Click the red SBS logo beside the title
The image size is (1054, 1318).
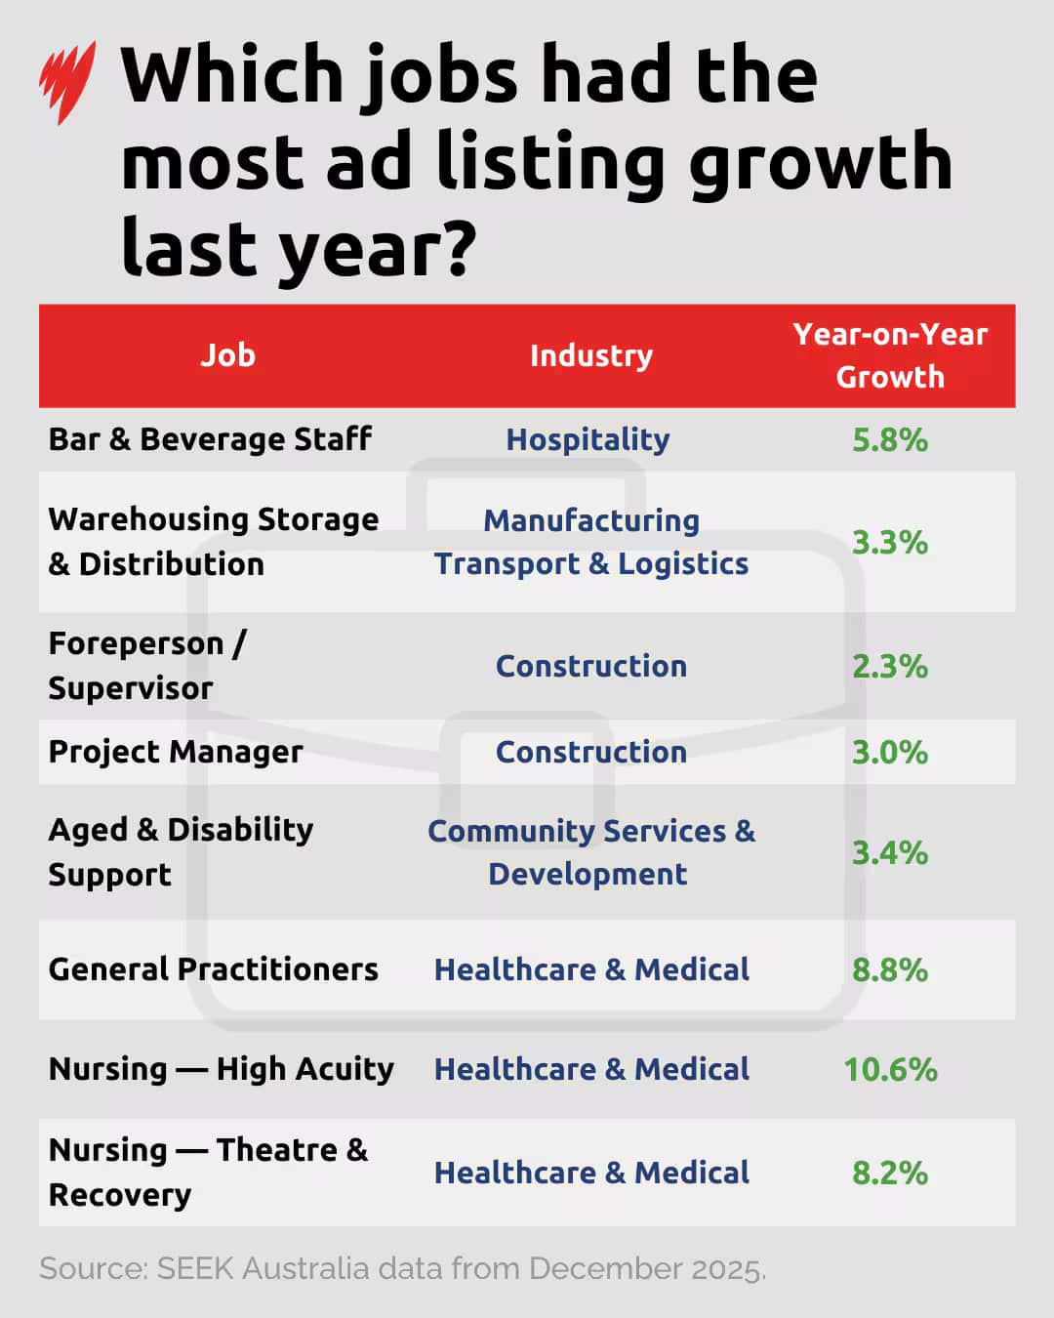pyautogui.click(x=66, y=81)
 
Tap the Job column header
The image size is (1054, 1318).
pyautogui.click(x=227, y=355)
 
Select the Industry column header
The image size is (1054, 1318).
pyautogui.click(x=590, y=356)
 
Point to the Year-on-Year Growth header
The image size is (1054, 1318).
pyautogui.click(x=890, y=355)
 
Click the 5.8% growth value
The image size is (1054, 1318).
pyautogui.click(x=889, y=440)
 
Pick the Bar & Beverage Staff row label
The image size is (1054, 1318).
pyautogui.click(x=210, y=439)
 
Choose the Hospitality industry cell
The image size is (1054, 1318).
pyautogui.click(x=588, y=440)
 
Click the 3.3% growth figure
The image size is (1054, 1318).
pyautogui.click(x=889, y=543)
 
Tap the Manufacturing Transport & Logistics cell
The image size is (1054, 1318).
pyautogui.click(x=591, y=542)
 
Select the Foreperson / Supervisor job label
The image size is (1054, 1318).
pyautogui.click(x=146, y=666)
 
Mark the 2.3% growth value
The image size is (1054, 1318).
pyautogui.click(x=889, y=667)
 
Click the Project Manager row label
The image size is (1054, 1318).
pyautogui.click(x=176, y=752)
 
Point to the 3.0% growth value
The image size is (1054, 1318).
pyautogui.click(x=889, y=753)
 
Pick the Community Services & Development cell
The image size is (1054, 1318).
pyautogui.click(x=590, y=852)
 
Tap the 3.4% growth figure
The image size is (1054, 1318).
pyautogui.click(x=889, y=853)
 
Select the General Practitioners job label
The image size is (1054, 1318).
pyautogui.click(x=213, y=969)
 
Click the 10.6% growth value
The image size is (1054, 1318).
pyautogui.click(x=890, y=1070)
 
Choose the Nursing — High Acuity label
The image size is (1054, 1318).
pyautogui.click(x=221, y=1069)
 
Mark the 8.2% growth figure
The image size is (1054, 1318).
pyautogui.click(x=889, y=1173)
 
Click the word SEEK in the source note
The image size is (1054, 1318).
pyautogui.click(x=195, y=1268)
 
